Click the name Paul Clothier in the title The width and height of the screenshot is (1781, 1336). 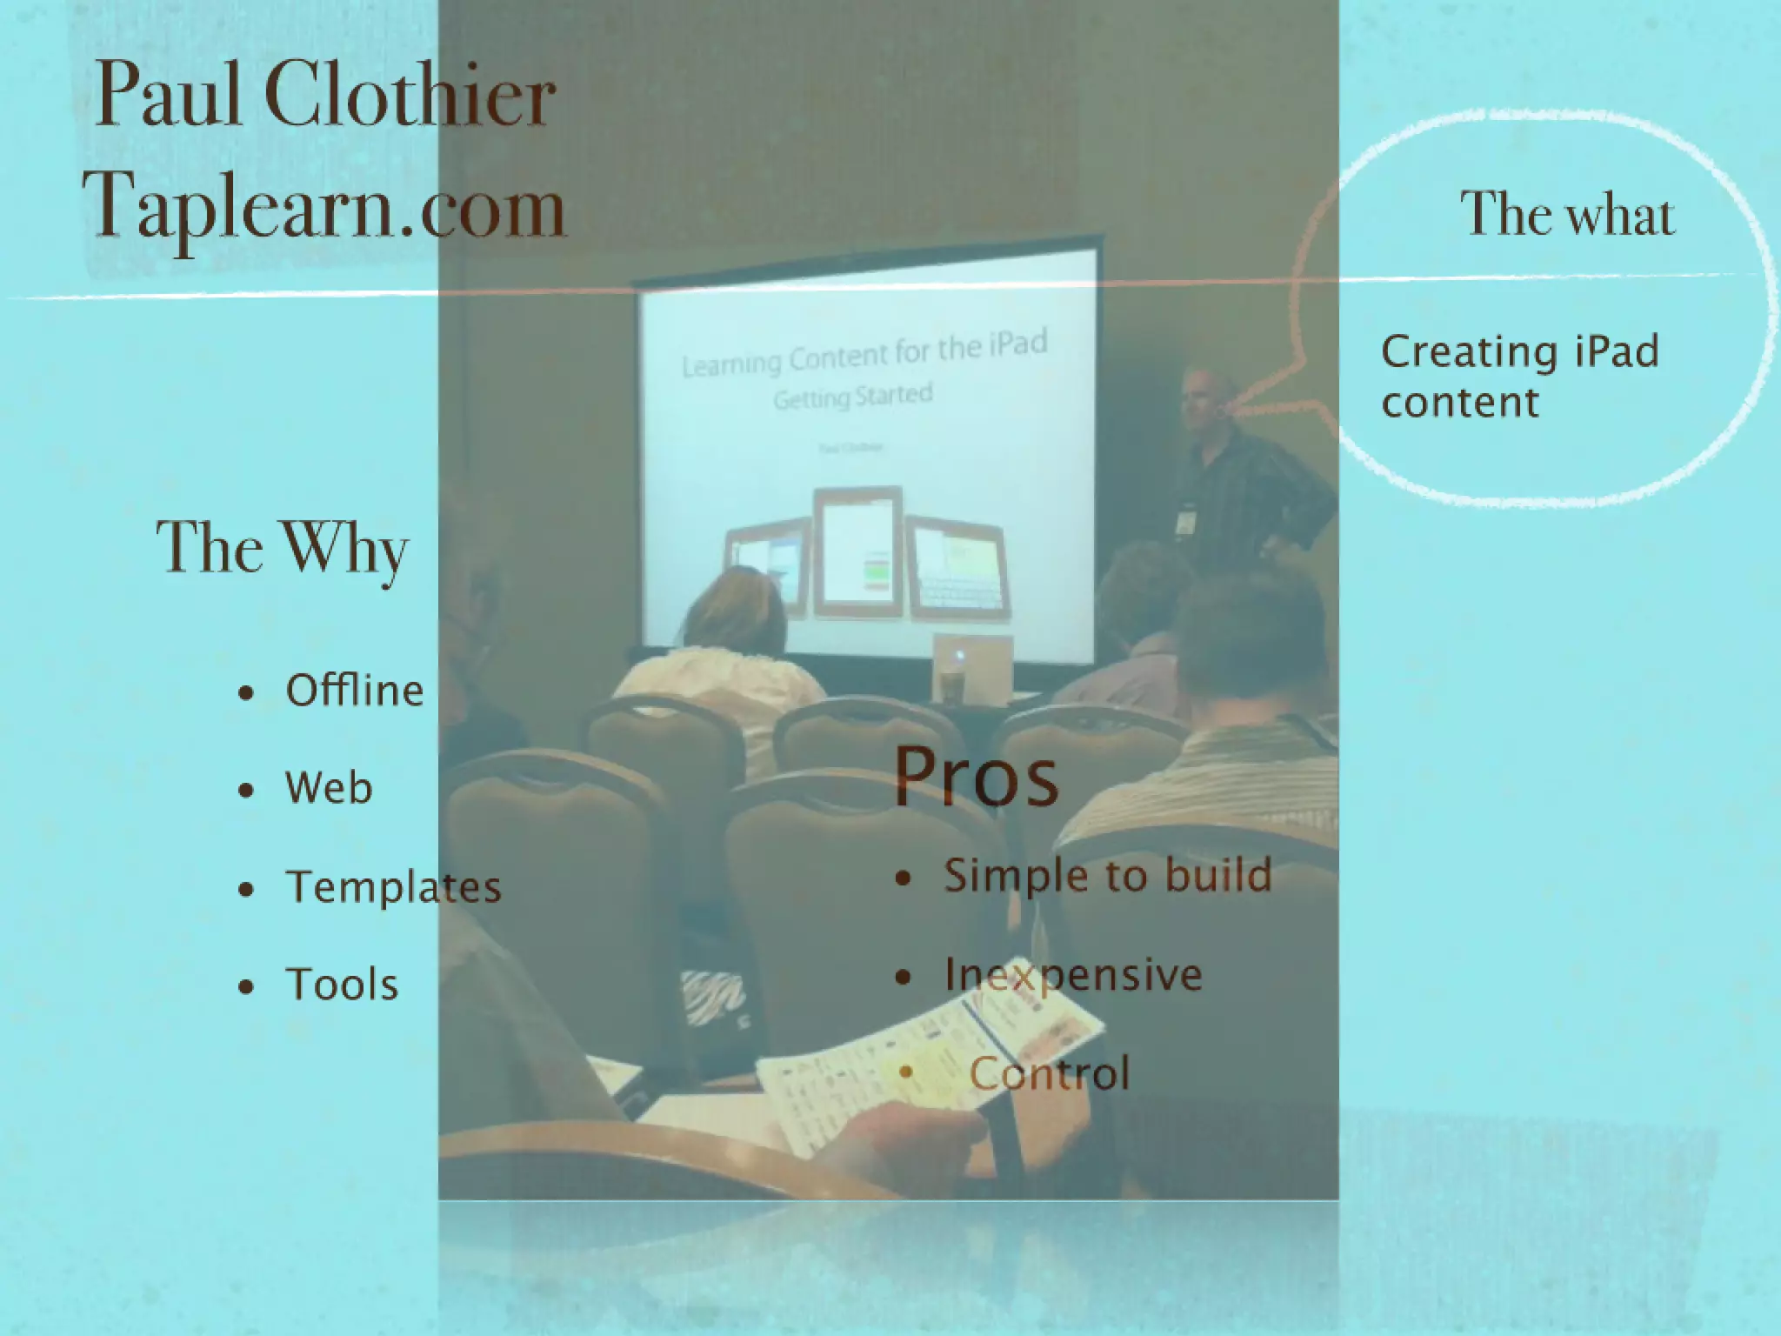[x=325, y=96]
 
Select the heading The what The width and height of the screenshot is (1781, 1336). [x=1567, y=214]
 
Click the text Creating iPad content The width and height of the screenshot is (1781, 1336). [x=1520, y=377]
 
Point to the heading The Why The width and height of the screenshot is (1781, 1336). [x=283, y=548]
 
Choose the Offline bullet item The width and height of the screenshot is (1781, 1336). [x=354, y=691]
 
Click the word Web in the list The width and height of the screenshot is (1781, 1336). [x=329, y=788]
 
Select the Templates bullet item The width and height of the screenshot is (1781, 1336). [x=393, y=887]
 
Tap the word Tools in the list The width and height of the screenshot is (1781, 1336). [x=342, y=985]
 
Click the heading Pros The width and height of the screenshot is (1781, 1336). [x=976, y=776]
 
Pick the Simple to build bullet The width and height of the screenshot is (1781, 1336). [x=1107, y=875]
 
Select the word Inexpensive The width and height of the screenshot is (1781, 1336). [x=1073, y=974]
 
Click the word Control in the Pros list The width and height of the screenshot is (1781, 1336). [x=1049, y=1073]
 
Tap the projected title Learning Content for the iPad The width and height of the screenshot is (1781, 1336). [x=864, y=355]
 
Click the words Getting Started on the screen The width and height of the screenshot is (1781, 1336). [x=852, y=397]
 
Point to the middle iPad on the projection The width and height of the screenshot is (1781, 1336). [x=857, y=552]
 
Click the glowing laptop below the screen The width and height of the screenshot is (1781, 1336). [x=972, y=661]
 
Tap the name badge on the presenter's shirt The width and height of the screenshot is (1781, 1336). [x=1184, y=519]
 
